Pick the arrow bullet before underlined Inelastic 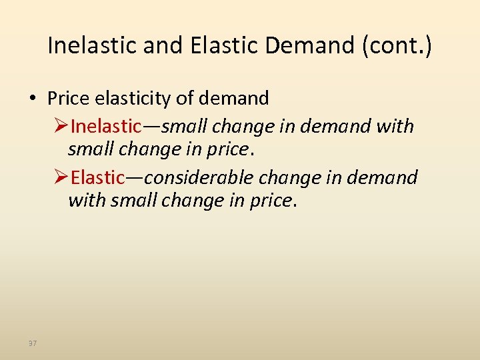[x=61, y=126]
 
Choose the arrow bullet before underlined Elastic [x=61, y=178]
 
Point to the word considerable [x=199, y=178]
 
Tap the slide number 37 [x=33, y=343]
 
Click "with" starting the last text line [x=87, y=200]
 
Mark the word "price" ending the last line [x=269, y=200]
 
